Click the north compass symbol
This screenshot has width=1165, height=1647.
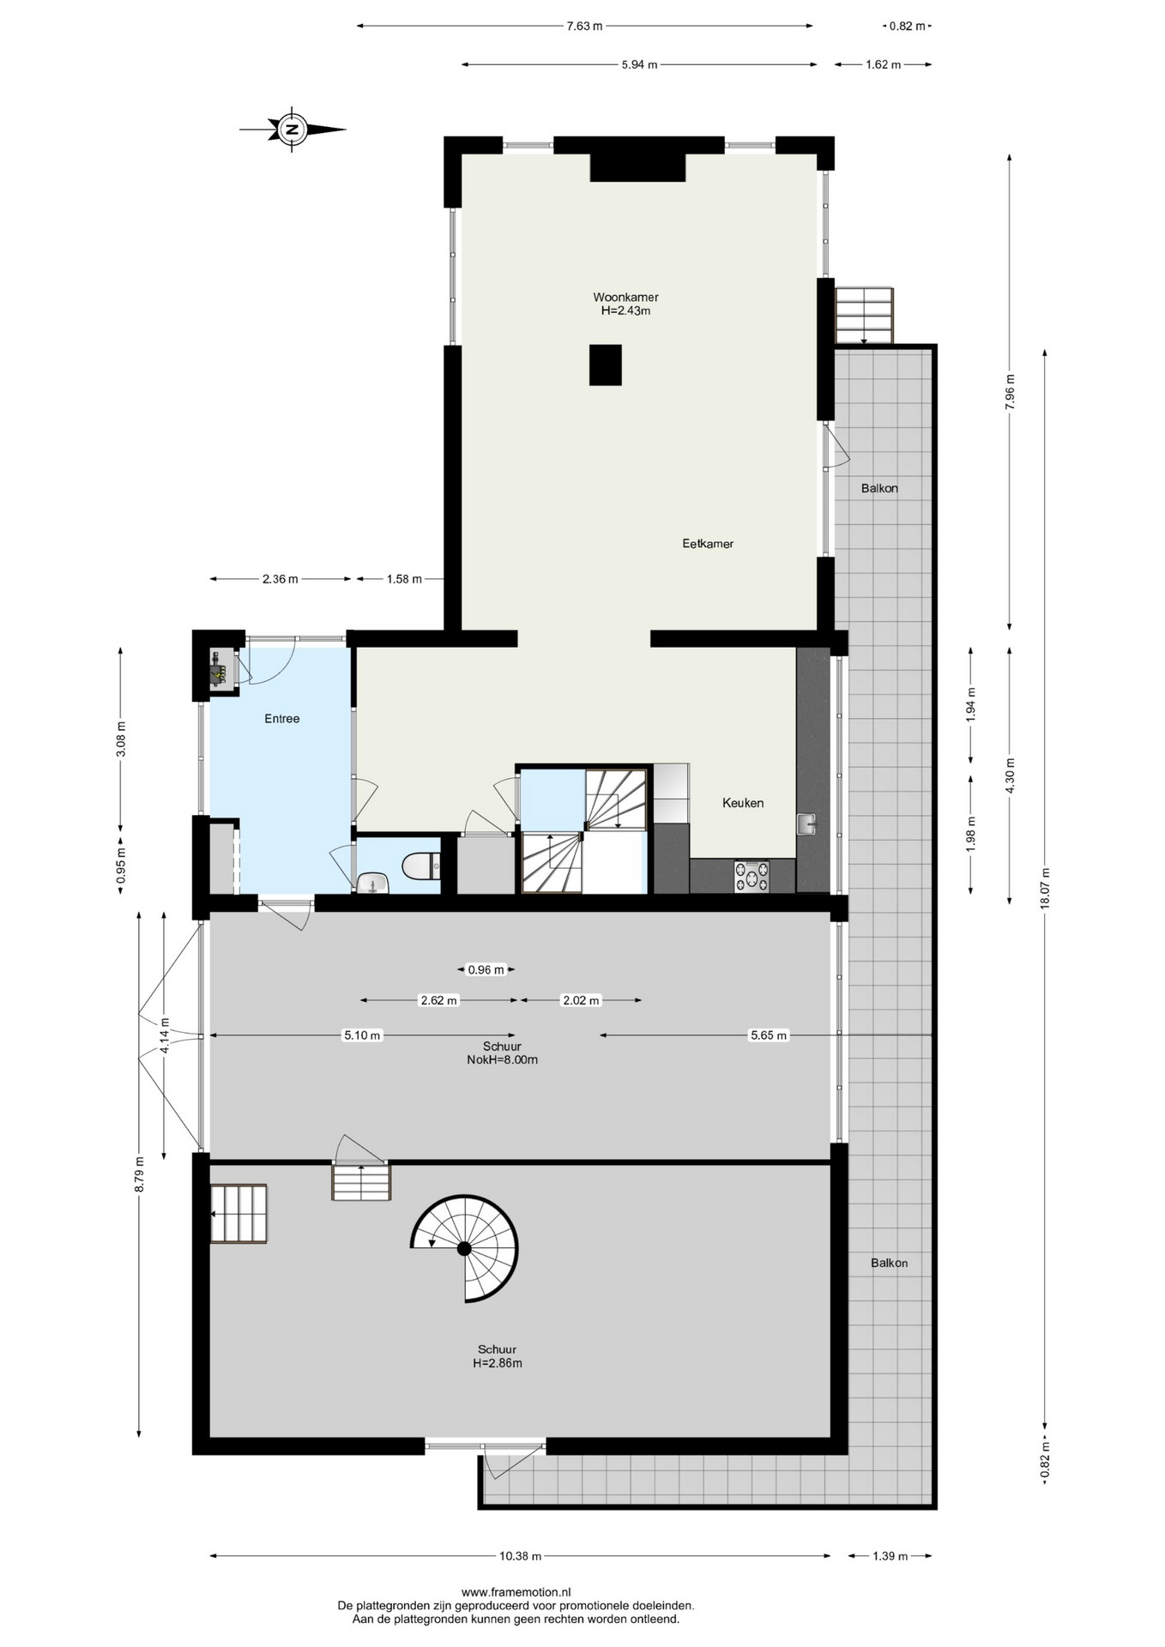click(x=293, y=130)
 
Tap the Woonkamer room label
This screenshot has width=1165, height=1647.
click(x=625, y=298)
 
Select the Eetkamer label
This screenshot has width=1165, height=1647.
click(x=708, y=544)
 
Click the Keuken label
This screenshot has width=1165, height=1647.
click(x=743, y=803)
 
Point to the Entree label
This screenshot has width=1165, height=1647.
click(x=282, y=719)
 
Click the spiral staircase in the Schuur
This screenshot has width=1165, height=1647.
click(x=465, y=1248)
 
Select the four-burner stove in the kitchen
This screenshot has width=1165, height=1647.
click(x=752, y=876)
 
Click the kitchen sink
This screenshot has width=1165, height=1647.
click(x=807, y=824)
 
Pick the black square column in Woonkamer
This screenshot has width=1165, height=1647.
click(x=605, y=365)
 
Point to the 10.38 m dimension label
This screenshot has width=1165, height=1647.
click(x=520, y=1556)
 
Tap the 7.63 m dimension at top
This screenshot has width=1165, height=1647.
click(x=584, y=26)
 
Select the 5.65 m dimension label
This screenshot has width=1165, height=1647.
click(x=769, y=1035)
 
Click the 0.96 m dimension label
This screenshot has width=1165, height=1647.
click(x=486, y=970)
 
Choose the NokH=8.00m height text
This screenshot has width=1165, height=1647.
click(x=503, y=1059)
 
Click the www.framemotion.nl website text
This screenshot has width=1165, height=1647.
click(x=516, y=1591)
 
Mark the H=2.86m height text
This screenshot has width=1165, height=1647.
click(x=498, y=1363)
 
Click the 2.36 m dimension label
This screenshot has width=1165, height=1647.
click(x=281, y=579)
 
